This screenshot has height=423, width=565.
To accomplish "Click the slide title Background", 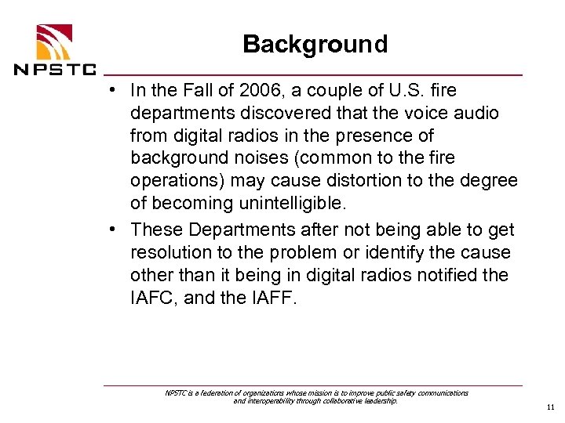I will (315, 44).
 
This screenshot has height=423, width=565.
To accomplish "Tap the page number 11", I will (549, 407).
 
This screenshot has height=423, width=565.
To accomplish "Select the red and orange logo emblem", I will (53, 40).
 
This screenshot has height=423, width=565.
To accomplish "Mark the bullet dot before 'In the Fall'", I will (115, 89).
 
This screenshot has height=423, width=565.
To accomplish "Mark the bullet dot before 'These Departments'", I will (115, 229).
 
